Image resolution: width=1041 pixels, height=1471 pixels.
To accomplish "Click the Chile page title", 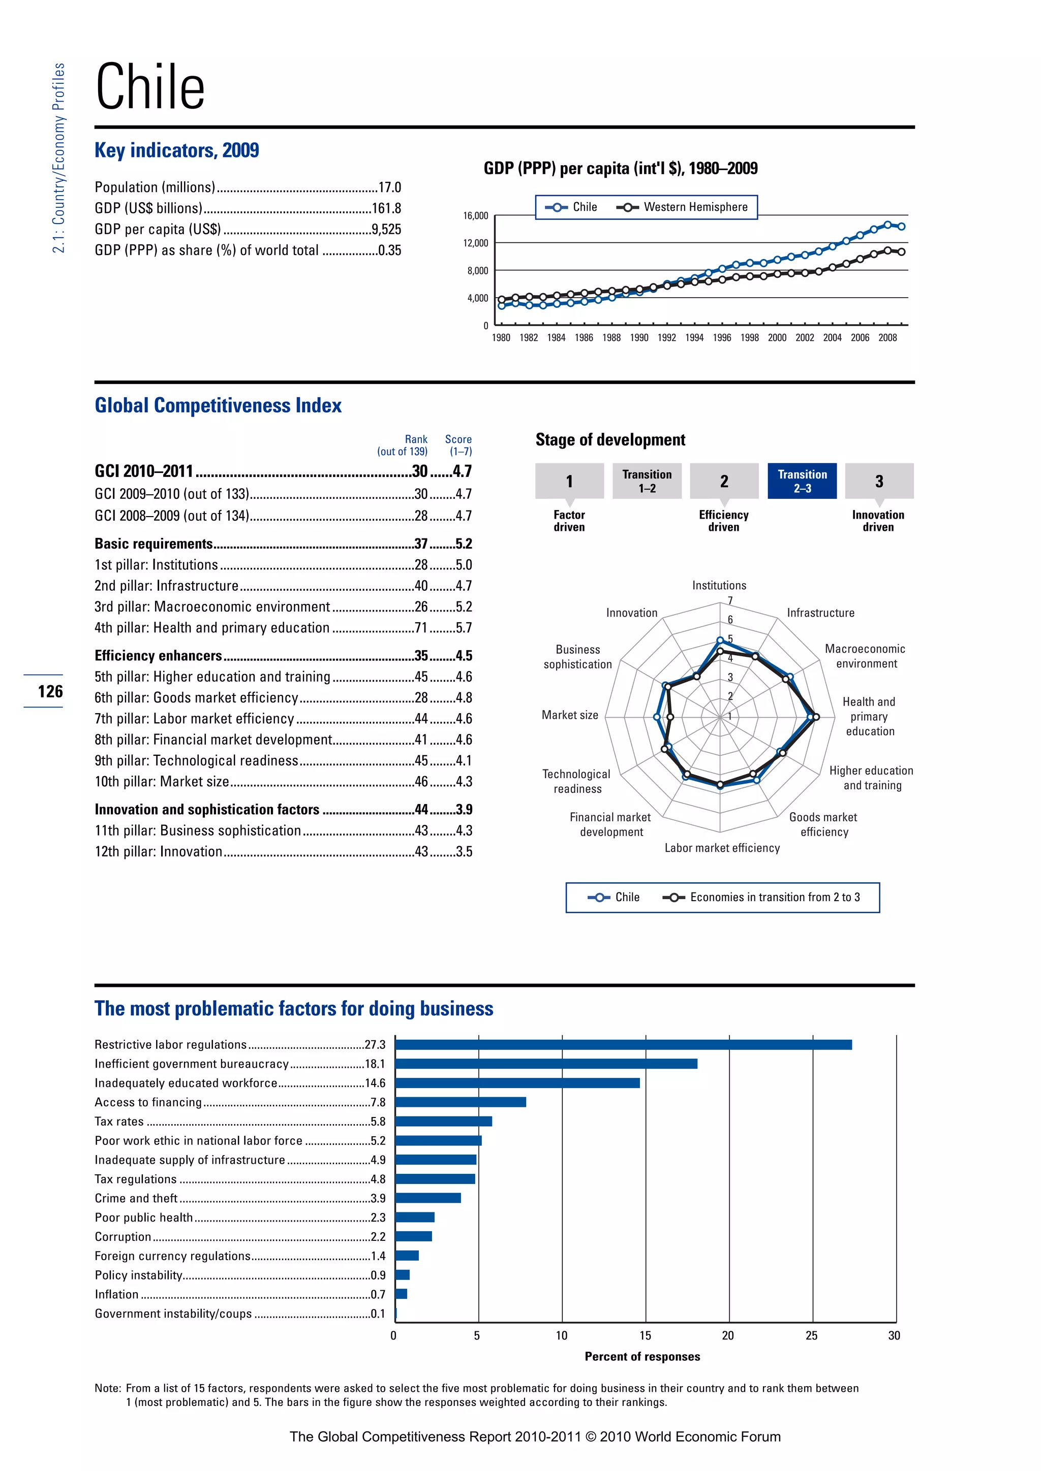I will tap(150, 87).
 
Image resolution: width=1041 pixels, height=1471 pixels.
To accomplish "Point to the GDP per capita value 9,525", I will tap(386, 230).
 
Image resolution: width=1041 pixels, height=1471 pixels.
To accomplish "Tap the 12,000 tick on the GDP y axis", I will tap(476, 243).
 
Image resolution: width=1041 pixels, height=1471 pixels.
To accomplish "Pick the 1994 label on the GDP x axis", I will tap(694, 338).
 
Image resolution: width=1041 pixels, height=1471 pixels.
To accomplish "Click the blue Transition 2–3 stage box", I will tap(802, 481).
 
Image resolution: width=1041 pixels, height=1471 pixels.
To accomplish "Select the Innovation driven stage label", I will tap(877, 521).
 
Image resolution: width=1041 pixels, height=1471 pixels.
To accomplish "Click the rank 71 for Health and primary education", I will tap(420, 628).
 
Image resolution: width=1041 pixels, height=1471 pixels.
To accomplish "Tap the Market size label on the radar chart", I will tap(569, 715).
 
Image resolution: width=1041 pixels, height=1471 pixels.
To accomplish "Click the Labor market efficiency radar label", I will tap(722, 848).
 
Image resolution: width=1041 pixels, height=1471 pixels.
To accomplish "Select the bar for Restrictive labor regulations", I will tap(623, 1045).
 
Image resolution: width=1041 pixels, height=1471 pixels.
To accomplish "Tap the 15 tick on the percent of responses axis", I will tap(645, 1336).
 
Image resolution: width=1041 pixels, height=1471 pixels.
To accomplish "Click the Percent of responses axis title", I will tap(642, 1356).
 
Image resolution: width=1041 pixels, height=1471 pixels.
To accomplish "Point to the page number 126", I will tap(50, 691).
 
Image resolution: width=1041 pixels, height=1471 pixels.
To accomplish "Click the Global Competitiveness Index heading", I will tap(218, 405).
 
